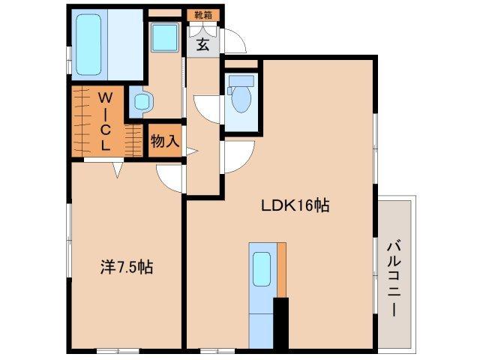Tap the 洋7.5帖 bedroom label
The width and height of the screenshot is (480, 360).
tap(127, 266)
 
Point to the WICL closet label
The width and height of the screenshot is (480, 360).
tap(106, 120)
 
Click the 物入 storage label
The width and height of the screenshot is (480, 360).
tap(164, 141)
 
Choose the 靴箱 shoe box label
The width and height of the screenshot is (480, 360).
tap(202, 14)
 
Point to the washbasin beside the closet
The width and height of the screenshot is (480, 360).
tap(139, 101)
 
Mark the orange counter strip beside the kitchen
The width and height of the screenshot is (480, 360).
tap(281, 270)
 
